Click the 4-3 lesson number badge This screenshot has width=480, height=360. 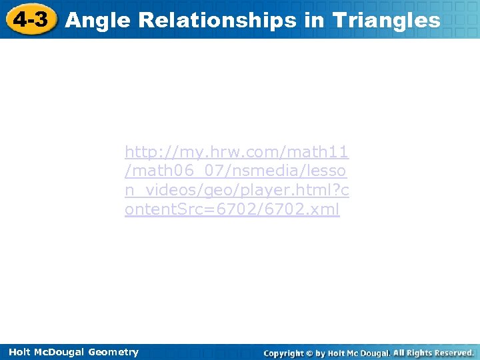pyautogui.click(x=30, y=19)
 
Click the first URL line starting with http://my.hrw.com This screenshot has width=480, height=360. pyautogui.click(x=237, y=152)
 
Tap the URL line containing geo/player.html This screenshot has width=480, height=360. pyautogui.click(x=237, y=191)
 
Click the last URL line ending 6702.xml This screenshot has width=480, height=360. pyautogui.click(x=232, y=210)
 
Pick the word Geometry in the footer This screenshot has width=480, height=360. pyautogui.click(x=113, y=352)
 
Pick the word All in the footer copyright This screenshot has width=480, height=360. pyautogui.click(x=399, y=353)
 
